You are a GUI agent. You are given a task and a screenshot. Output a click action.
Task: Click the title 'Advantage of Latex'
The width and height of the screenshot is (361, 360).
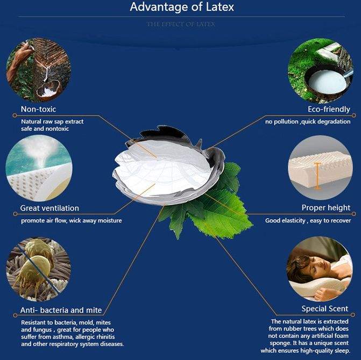point(180,8)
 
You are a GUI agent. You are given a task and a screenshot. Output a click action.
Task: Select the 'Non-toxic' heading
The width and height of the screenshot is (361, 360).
point(38,110)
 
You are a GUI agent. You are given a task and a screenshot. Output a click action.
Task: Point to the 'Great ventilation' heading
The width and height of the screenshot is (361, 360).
point(49,208)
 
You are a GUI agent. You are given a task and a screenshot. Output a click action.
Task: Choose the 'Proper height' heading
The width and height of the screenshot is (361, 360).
point(325,208)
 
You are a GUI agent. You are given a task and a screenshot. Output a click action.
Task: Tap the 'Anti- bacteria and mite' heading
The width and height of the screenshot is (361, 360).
point(61,310)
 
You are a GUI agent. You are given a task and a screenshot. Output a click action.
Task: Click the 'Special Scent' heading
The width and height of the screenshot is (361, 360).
point(324,308)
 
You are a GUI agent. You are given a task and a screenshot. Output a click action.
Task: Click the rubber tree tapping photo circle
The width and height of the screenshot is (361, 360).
point(38,70)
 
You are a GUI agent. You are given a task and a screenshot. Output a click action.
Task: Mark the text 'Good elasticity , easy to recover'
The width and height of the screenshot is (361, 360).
point(308,220)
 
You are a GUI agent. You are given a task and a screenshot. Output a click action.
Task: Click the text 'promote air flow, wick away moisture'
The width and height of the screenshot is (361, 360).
point(71,220)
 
